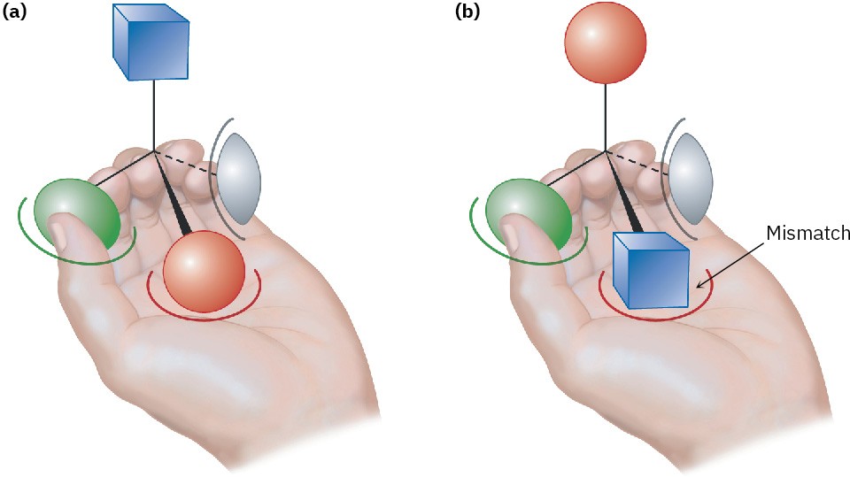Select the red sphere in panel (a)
click(204, 271)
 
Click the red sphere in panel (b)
click(605, 42)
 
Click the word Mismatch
click(807, 234)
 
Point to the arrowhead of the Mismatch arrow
click(699, 284)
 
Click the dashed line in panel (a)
click(188, 162)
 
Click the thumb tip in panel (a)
click(58, 232)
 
